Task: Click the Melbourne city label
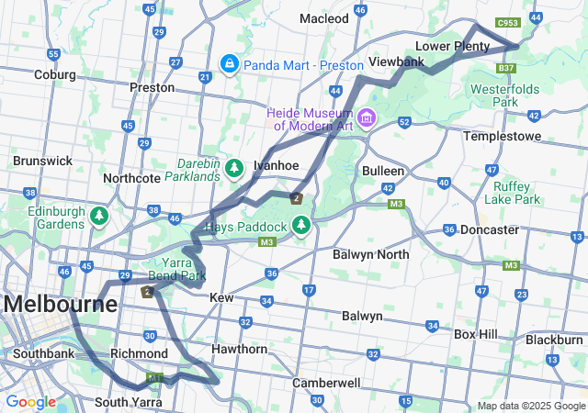pos(60,304)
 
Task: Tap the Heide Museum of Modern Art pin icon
pos(367,117)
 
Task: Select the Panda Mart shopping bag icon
pos(229,64)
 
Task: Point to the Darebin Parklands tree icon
pos(234,167)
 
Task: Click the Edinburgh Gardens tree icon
pos(98,216)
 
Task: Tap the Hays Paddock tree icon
pos(300,225)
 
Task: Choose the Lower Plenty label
pos(452,46)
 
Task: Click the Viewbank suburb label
pos(396,61)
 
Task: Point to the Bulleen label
pos(383,171)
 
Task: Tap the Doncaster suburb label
pos(490,229)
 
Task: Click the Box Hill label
pos(476,334)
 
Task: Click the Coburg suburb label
pos(55,74)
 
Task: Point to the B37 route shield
pos(505,68)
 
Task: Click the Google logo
pos(31,402)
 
